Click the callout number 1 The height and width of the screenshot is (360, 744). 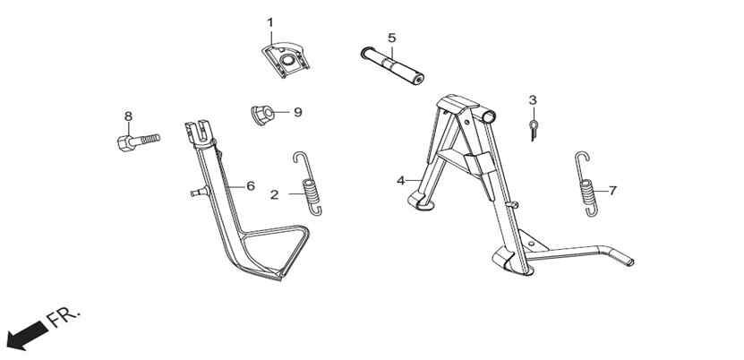(270, 22)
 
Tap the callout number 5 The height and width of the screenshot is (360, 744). (391, 38)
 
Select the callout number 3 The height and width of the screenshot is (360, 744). (533, 100)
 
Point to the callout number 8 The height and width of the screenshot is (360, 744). (128, 116)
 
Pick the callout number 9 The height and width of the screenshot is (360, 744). (297, 112)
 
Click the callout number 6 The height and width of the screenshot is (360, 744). (251, 186)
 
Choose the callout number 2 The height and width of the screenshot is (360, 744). (275, 194)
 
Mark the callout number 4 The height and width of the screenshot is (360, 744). (401, 181)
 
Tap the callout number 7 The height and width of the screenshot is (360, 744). (612, 191)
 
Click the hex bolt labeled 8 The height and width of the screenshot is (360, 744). (138, 141)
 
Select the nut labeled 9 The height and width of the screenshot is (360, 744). (262, 116)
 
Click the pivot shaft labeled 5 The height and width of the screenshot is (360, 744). (392, 66)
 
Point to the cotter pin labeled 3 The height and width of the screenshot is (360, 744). (534, 131)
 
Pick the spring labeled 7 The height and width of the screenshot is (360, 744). (586, 185)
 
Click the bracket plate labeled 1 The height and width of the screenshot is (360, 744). (286, 60)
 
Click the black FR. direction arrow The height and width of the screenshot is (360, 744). (28, 336)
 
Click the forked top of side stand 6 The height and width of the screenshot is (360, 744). (200, 133)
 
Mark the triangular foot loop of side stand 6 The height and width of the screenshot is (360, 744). (274, 251)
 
